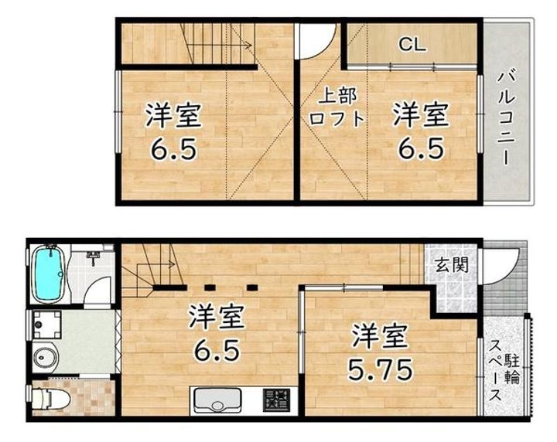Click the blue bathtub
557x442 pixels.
point(49,274)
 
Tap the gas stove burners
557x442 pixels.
point(276,400)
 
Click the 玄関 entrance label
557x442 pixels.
point(450,265)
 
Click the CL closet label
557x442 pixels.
point(412,44)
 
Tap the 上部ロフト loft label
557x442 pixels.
point(337,107)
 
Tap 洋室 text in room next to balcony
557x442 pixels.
point(419,117)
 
